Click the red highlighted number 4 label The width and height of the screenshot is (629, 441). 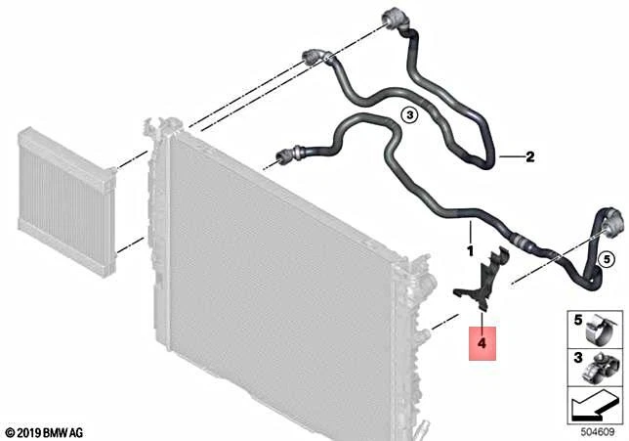point(482,343)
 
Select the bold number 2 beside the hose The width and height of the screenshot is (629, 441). point(530,156)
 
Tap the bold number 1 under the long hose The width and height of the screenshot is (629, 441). point(470,251)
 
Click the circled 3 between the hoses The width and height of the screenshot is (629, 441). point(409,115)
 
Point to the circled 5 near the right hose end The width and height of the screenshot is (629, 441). point(607,259)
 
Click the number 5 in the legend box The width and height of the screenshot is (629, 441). point(577,321)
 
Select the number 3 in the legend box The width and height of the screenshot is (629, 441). point(577,358)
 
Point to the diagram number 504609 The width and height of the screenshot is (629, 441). point(598,432)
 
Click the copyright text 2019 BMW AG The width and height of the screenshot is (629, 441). point(45,433)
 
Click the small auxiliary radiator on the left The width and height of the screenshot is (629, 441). point(66,200)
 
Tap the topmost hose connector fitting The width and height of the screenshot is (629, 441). point(396,22)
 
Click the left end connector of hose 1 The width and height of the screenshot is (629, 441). point(288,154)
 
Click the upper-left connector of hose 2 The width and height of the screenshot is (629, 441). point(314,57)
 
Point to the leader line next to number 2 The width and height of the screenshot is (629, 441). point(511,156)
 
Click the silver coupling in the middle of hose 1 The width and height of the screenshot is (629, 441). point(523,241)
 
